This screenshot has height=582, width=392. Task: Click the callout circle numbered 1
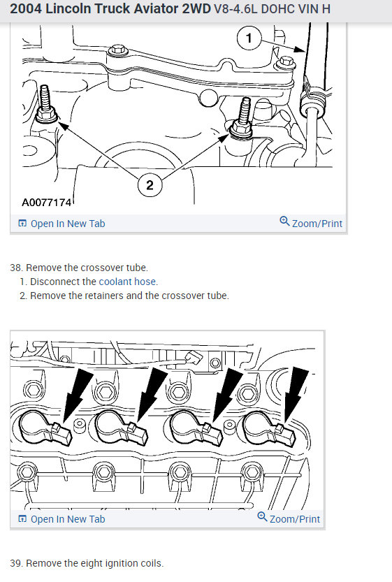click(249, 38)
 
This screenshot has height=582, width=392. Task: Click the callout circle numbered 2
click(150, 185)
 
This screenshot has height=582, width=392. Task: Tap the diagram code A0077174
click(46, 203)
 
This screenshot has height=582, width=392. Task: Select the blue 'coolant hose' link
click(127, 282)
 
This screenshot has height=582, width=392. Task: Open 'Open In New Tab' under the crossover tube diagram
click(61, 224)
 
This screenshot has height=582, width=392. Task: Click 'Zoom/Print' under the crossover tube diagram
click(311, 223)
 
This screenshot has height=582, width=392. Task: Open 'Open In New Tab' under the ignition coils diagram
click(61, 519)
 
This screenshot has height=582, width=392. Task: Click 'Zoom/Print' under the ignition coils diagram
click(289, 518)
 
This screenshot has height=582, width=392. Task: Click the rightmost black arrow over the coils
click(296, 394)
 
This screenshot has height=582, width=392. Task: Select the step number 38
click(16, 268)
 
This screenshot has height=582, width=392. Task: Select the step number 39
click(16, 563)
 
